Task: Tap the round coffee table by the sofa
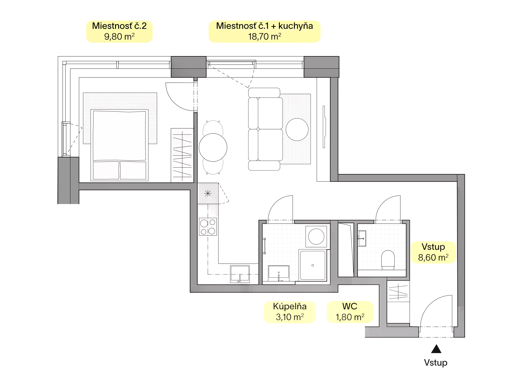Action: [297, 129]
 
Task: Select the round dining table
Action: [213, 147]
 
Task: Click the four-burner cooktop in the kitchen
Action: [208, 227]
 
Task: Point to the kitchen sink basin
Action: [240, 274]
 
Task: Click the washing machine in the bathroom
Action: [316, 236]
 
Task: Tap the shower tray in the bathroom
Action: [313, 265]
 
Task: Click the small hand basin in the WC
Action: [362, 238]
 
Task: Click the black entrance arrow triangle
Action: [436, 349]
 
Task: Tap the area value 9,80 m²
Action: [119, 37]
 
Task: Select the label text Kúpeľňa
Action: [290, 306]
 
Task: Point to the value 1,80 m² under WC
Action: [350, 317]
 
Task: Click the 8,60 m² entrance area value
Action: [433, 257]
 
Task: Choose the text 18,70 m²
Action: [264, 37]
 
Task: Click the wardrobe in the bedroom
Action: [182, 155]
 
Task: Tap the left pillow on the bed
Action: [106, 170]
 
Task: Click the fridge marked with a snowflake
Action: [208, 193]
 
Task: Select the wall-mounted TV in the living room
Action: [324, 127]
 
